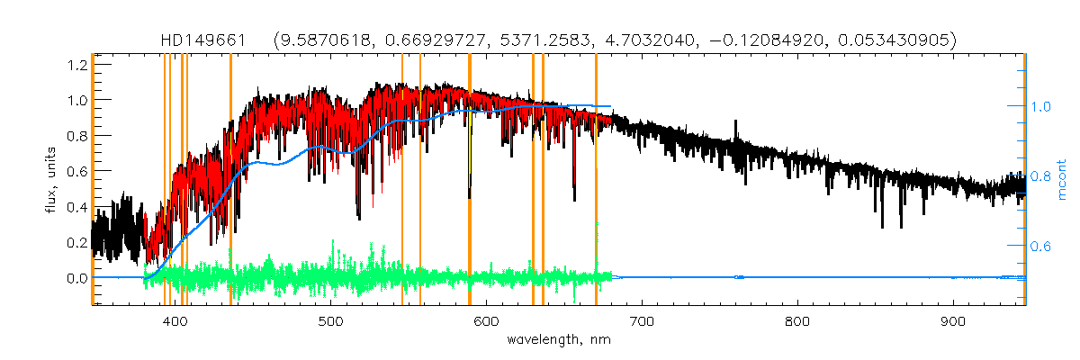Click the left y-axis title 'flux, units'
[53, 180]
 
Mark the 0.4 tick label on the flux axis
[75, 207]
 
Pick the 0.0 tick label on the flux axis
[75, 278]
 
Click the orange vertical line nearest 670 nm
[596, 180]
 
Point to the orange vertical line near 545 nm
[401, 180]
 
